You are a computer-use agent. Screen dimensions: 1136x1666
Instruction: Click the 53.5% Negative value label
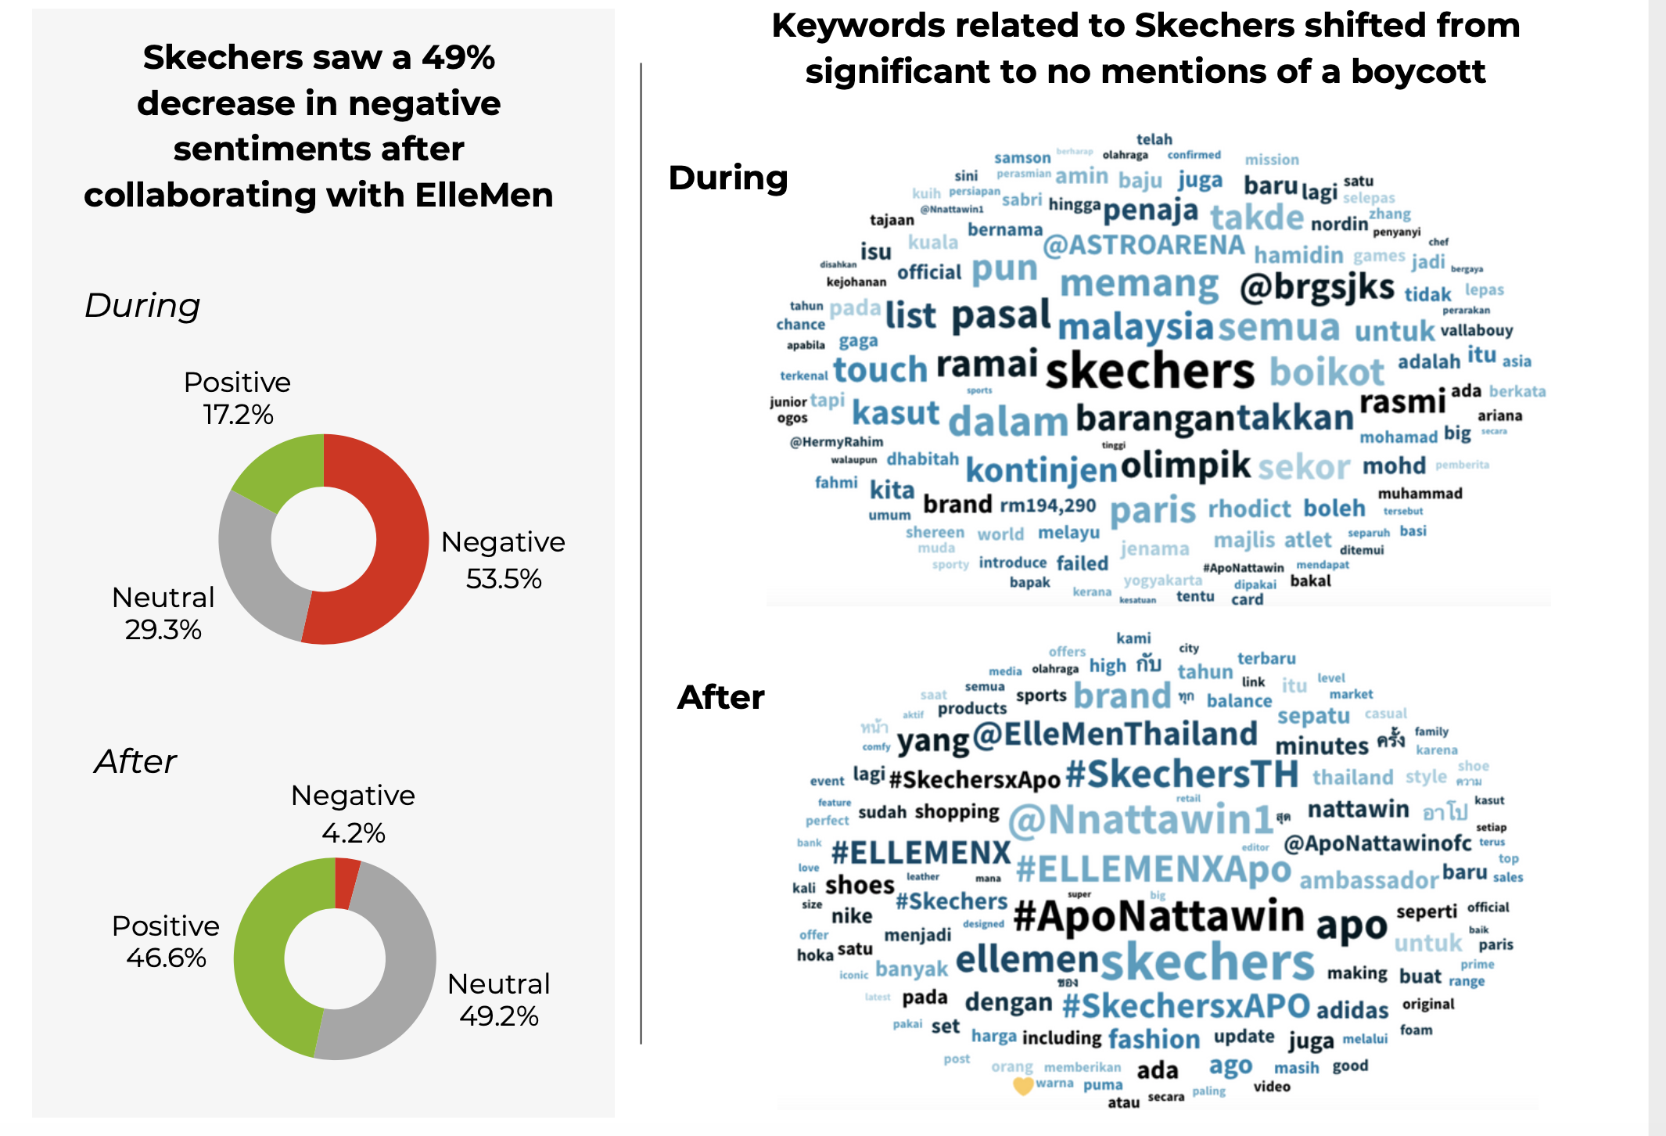tap(504, 579)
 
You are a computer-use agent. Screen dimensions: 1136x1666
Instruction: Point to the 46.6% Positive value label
tap(166, 958)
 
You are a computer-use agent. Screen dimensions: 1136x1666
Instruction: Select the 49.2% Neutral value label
tap(499, 1016)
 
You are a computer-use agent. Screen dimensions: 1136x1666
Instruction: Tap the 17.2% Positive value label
tap(238, 414)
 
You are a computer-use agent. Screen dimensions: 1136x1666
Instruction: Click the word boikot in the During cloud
tap(1327, 372)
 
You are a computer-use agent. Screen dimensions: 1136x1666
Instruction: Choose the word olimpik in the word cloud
tap(1186, 465)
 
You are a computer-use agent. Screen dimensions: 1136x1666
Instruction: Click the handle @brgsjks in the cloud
tap(1317, 288)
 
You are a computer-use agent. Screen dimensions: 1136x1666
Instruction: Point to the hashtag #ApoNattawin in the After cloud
tap(1158, 916)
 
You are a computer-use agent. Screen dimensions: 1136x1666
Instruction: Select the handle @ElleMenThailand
tap(1115, 735)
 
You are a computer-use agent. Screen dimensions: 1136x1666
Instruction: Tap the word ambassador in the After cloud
tap(1369, 881)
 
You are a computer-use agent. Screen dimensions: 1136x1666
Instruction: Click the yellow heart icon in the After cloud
tap(1023, 1086)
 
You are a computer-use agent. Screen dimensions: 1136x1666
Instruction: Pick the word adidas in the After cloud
tap(1352, 1010)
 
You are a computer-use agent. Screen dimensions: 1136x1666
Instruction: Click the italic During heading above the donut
tap(142, 305)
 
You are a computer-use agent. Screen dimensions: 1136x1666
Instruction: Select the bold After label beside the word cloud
tap(720, 697)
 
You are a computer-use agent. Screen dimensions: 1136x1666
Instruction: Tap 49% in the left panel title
tap(458, 57)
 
